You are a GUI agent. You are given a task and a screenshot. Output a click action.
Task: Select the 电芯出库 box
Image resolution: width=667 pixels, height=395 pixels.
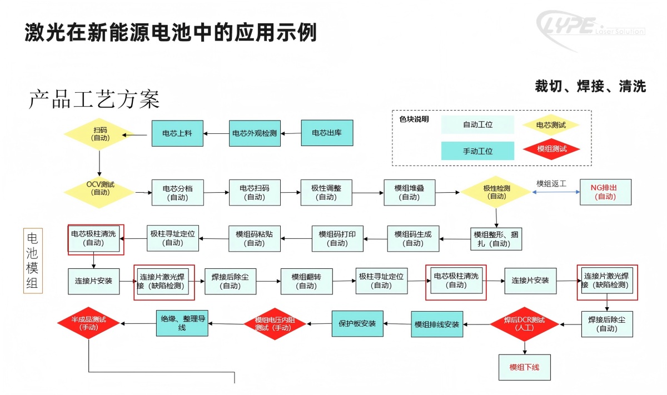coord(327,133)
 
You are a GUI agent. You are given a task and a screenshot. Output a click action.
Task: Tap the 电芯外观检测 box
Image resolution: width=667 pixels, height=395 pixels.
coord(254,133)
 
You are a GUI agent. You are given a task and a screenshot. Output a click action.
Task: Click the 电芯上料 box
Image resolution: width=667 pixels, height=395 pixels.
coord(177,133)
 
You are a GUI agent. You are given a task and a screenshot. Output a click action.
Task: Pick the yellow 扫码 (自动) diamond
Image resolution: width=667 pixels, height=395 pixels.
coord(100,134)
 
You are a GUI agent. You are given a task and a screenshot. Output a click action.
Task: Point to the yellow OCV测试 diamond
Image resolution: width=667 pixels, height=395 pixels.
coord(100,189)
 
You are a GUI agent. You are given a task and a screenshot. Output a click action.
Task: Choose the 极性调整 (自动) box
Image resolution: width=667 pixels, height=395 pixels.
coord(326,192)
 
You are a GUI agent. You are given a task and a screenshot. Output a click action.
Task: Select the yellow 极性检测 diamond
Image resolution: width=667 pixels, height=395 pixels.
coord(496,192)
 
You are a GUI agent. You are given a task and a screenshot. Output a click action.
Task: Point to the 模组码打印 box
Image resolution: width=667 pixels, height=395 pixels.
coord(337,238)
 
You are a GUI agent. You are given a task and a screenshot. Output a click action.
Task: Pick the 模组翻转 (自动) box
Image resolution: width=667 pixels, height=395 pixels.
coord(307,281)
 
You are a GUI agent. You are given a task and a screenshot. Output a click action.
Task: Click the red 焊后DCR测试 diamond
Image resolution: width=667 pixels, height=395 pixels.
coord(524,324)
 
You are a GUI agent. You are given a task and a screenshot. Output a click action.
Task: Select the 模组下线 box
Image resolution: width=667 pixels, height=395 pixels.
coord(524,367)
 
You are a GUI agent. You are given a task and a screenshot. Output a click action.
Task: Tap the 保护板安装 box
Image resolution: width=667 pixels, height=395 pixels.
coord(357,323)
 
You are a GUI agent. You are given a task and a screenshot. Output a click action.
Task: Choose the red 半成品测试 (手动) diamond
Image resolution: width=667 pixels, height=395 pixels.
coord(89,324)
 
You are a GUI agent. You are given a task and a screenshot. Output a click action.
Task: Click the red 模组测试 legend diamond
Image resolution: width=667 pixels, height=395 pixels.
coord(551,149)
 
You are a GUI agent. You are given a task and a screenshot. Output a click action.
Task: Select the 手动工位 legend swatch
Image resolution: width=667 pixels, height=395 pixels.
coord(477,151)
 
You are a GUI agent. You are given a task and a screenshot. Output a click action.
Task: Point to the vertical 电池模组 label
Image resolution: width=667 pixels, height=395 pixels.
coord(32,261)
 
